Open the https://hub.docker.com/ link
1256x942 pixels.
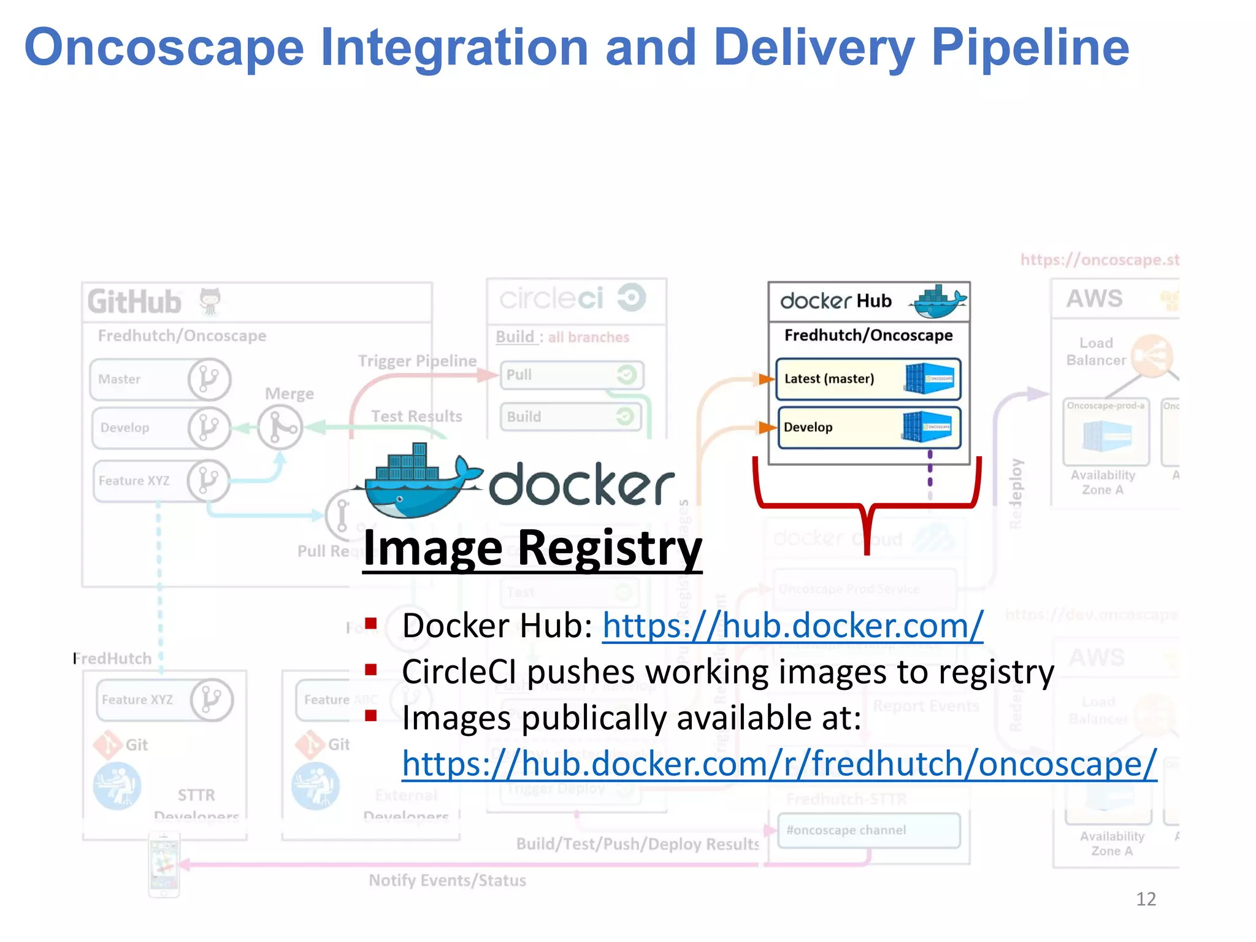(792, 626)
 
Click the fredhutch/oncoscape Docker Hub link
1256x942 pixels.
(779, 764)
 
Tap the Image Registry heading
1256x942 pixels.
(532, 548)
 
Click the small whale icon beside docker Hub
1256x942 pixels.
(939, 301)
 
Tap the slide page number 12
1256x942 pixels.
(1146, 898)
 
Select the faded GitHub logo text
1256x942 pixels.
(134, 302)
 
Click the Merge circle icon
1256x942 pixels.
(280, 427)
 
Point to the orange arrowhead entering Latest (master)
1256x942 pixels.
(766, 379)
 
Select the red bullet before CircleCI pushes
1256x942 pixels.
(370, 670)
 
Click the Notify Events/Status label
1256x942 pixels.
(447, 880)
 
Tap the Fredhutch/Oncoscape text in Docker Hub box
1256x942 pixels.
(868, 335)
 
